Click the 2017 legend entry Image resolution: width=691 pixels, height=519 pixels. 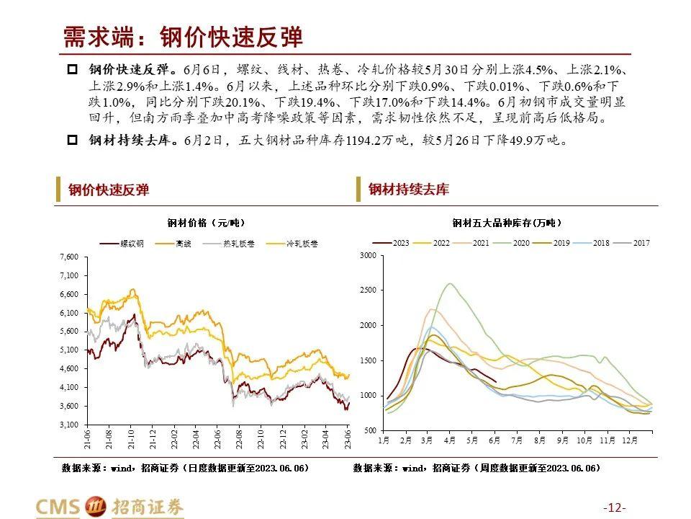click(x=641, y=243)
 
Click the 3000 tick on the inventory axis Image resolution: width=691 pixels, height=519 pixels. click(x=367, y=256)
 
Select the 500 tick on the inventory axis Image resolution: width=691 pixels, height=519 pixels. click(x=369, y=430)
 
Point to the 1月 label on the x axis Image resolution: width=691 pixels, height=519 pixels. click(x=384, y=439)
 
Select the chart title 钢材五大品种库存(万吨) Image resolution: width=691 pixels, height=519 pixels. click(x=507, y=222)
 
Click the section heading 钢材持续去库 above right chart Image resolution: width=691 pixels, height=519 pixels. click(x=408, y=190)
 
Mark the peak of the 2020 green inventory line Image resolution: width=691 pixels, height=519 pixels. click(x=451, y=283)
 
